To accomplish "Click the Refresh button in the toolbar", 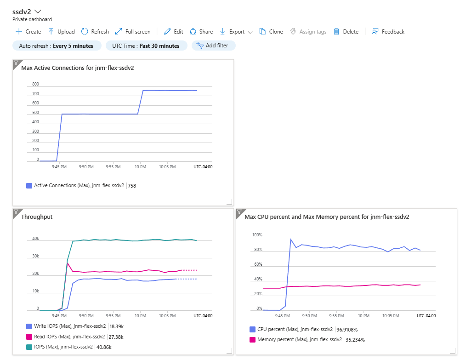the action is coord(95,32).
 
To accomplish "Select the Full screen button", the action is coord(133,32).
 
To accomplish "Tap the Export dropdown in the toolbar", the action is coord(236,32).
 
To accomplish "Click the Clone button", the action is coord(271,32).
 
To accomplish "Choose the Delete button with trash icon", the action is coord(346,32).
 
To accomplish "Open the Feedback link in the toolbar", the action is coord(388,32).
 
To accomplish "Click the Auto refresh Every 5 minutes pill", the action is coord(57,46).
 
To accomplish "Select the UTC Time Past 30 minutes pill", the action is coord(146,46).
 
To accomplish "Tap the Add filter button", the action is coord(213,46).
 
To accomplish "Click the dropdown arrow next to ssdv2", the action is coord(38,12).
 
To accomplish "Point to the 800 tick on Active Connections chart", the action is coord(35,84).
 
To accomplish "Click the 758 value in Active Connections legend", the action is coord(132,186).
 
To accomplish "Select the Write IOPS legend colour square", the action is coord(29,326).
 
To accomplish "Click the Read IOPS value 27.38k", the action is coord(116,337).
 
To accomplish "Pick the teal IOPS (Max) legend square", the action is coord(29,347).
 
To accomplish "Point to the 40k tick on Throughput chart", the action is coord(35,239).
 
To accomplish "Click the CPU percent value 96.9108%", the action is coord(347,330).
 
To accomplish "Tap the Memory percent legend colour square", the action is coord(252,340).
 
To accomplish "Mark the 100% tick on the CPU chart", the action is coord(257,235).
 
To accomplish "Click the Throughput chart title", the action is coord(37,217).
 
